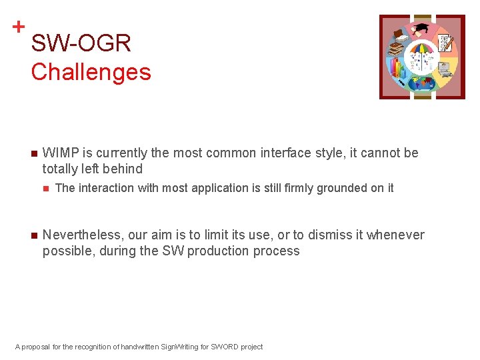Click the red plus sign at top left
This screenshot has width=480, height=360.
(19, 27)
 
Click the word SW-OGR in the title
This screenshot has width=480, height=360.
(81, 44)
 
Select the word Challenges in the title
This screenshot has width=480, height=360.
(91, 71)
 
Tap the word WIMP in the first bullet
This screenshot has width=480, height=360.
(59, 153)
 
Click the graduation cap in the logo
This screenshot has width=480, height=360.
(421, 29)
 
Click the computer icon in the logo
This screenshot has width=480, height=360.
(443, 67)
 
